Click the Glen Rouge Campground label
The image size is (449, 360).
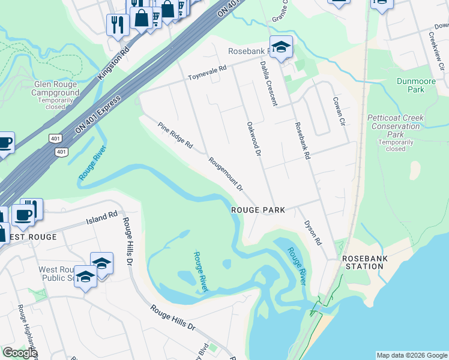click(56, 93)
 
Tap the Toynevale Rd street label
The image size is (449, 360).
click(207, 73)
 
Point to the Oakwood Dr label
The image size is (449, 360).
click(254, 140)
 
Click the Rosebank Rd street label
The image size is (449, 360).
click(301, 140)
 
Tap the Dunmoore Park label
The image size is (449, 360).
click(411, 85)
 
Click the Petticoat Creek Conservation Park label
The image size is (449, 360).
click(395, 126)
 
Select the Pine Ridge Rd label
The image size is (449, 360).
click(175, 136)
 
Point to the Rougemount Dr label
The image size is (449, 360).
click(226, 174)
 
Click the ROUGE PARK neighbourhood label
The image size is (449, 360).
click(258, 210)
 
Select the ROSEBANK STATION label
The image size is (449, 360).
click(365, 262)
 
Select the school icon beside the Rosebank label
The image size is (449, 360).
click(280, 46)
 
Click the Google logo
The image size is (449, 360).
click(20, 353)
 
